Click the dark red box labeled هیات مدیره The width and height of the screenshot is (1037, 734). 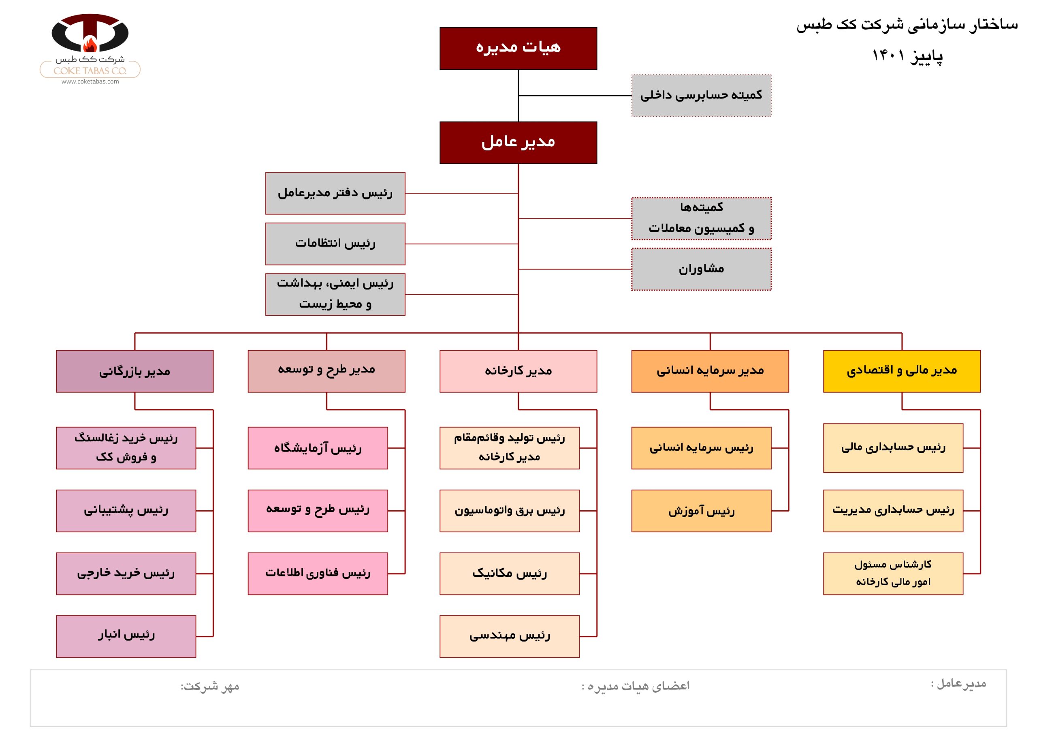coord(518,48)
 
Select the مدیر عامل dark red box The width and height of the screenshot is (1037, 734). coord(518,142)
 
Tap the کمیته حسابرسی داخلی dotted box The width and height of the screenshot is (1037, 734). coord(701,95)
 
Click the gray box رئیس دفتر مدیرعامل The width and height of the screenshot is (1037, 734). coord(335,193)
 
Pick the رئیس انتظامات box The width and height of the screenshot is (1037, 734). coord(335,244)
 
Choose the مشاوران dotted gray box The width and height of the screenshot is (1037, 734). coord(701,269)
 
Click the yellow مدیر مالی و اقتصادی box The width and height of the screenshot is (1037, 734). coord(902,371)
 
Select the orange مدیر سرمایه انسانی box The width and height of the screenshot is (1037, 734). coord(710,371)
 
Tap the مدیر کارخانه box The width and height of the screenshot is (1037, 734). coord(518,371)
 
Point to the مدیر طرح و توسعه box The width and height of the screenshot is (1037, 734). coord(326,371)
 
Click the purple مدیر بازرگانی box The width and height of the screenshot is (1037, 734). coord(134,371)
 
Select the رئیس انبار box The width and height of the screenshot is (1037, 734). coord(126,636)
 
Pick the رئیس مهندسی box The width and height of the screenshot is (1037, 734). coord(510,636)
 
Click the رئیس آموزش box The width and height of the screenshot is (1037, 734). coord(701,510)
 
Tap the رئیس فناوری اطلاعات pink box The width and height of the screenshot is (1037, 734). coord(318,573)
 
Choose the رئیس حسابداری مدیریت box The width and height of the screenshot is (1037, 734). coord(893,510)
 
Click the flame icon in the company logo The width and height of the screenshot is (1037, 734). coord(90,45)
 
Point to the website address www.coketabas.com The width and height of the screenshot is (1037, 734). coord(90,82)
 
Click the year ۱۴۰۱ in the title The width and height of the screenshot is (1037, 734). coord(888,55)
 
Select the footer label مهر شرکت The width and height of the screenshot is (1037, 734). coord(209,686)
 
